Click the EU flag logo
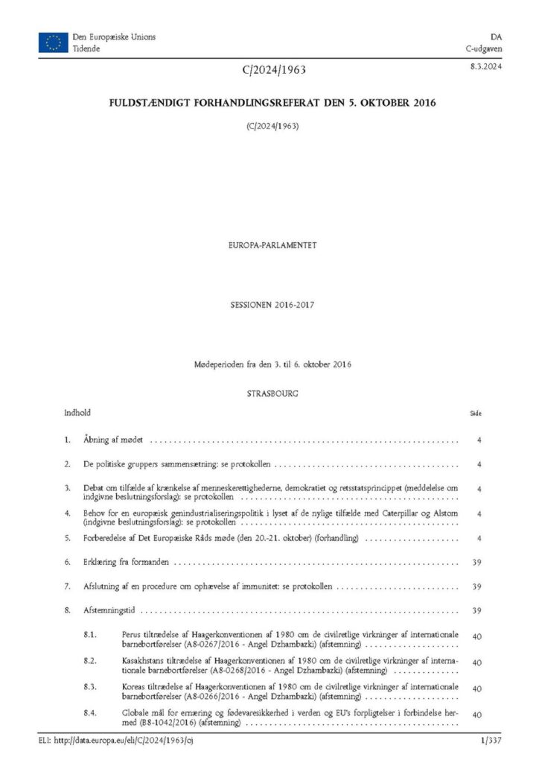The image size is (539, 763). pyautogui.click(x=52, y=42)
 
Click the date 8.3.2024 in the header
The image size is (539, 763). pyautogui.click(x=485, y=68)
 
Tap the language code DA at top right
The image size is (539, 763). pyautogui.click(x=495, y=37)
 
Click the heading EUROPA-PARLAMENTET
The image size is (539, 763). pyautogui.click(x=269, y=244)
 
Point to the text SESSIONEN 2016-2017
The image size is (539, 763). pyautogui.click(x=269, y=305)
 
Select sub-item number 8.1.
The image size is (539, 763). pyautogui.click(x=90, y=634)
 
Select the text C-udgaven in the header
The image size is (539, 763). pyautogui.click(x=485, y=48)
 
